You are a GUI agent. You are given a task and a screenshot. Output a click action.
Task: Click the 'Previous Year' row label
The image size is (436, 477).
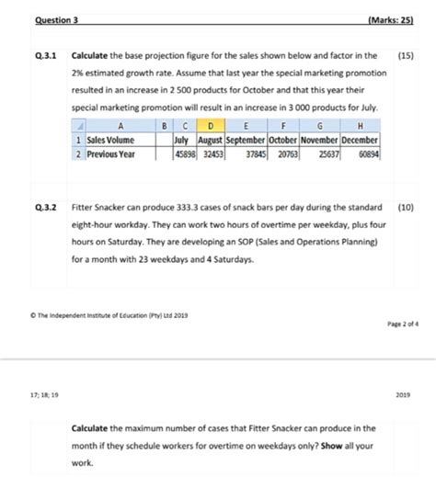(x=110, y=153)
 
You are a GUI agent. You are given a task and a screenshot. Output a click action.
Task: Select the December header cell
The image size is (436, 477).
(x=360, y=141)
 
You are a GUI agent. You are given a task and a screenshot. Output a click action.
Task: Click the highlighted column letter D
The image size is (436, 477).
(x=212, y=128)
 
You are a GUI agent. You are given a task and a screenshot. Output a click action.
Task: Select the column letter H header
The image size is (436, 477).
(x=360, y=128)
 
